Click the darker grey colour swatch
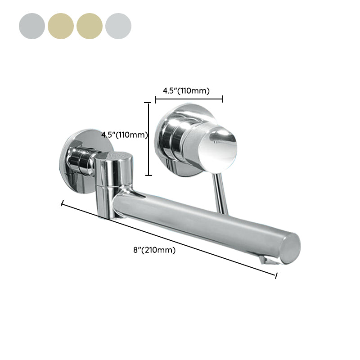tap(32, 26)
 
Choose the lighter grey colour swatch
tap(118, 26)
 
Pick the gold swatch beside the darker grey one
tap(61, 26)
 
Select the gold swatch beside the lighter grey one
tap(90, 26)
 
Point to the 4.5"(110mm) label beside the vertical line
tap(124, 135)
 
